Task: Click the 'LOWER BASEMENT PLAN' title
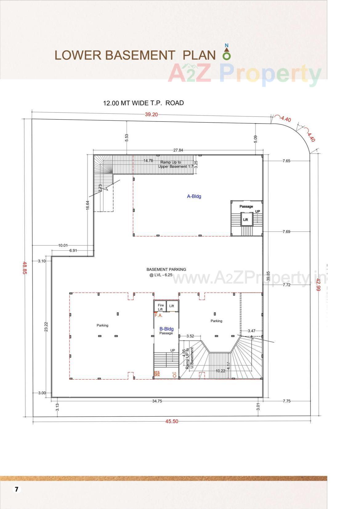pos(135,55)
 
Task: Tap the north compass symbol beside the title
pos(227,52)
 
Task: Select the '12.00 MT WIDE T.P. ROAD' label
pos(143,103)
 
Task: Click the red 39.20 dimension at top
pos(151,115)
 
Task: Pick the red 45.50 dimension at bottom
pos(172,421)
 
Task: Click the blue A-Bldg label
pos(194,196)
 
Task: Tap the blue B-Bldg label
pos(166,329)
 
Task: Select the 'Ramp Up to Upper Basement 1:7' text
pos(174,164)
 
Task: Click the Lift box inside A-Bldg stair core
pos(245,220)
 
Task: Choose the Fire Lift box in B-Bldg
pos(160,307)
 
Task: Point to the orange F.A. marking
pos(158,316)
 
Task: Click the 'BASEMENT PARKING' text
pos(166,269)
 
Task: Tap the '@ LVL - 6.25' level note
pos(161,275)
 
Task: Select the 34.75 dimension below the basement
pos(157,401)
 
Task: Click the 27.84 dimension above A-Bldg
pos(178,150)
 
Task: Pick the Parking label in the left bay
pos(103,325)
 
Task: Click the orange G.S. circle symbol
pos(174,376)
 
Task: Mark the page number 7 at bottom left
pos(17,489)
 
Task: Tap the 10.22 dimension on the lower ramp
pos(220,371)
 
